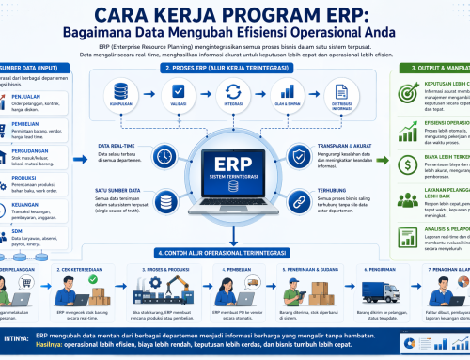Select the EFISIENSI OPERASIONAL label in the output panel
tap(444, 122)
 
